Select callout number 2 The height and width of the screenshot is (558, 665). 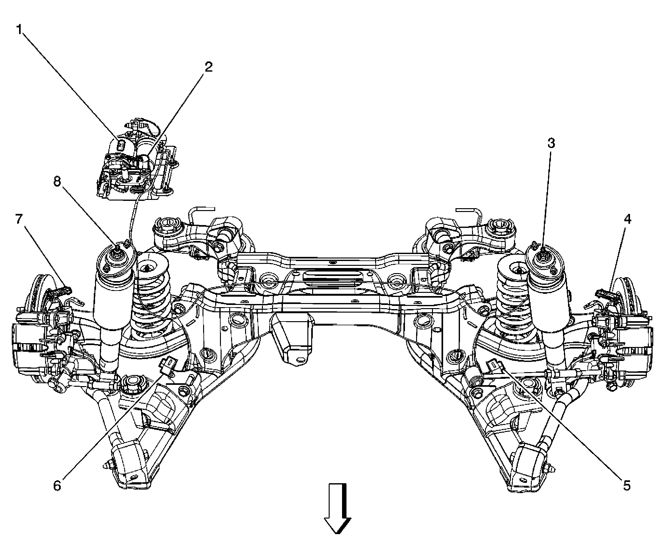[x=208, y=67]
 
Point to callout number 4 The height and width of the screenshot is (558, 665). [x=627, y=219]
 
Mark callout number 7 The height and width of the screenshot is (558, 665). [x=19, y=219]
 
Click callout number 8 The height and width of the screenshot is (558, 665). [x=57, y=182]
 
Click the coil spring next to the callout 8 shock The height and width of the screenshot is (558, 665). [x=151, y=299]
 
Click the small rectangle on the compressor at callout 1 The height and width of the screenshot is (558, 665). [x=121, y=145]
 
